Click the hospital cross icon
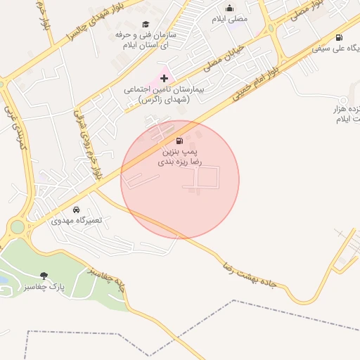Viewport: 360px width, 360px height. click(x=165, y=78)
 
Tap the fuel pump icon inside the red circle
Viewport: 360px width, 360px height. click(x=180, y=141)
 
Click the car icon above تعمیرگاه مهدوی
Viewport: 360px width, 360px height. click(x=76, y=210)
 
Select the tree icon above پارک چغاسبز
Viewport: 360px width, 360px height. click(x=44, y=276)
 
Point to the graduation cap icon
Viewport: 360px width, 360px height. click(x=146, y=24)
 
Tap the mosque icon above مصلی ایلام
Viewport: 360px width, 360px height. click(x=229, y=8)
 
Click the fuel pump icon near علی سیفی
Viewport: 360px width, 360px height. click(x=340, y=38)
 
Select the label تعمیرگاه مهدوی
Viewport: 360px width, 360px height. click(x=77, y=220)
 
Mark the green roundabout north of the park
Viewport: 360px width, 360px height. click(x=17, y=227)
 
